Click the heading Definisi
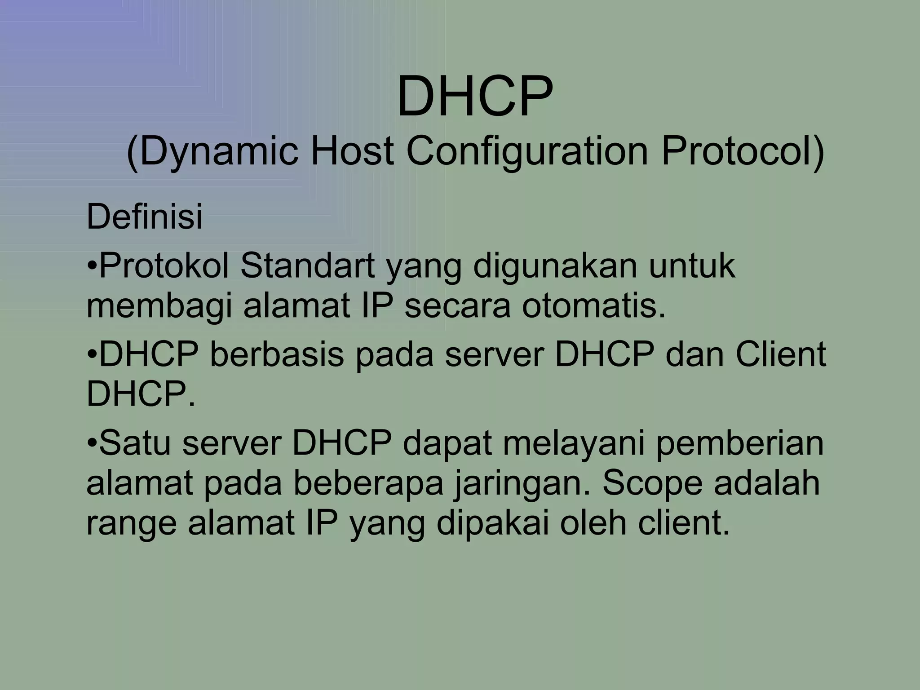click(x=144, y=217)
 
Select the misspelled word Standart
click(x=307, y=266)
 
